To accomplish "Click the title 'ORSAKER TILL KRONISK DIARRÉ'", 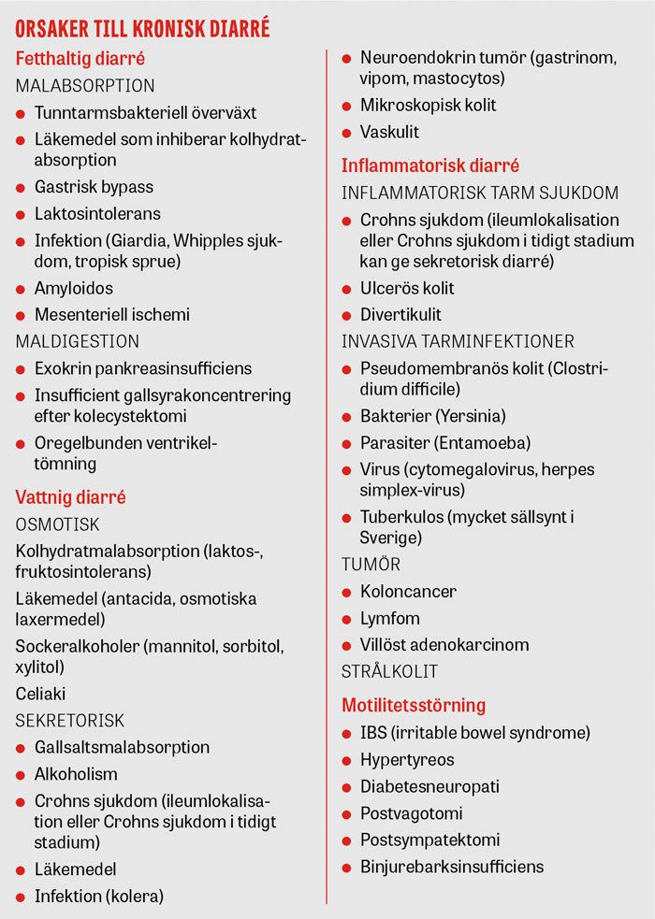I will coord(143,29).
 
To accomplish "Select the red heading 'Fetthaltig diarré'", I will coord(80,59).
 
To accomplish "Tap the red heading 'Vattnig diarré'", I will coord(71,497).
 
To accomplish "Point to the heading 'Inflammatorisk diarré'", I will coord(430,166).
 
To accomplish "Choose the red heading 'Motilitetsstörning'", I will coord(414,705).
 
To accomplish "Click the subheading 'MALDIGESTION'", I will coord(77,341).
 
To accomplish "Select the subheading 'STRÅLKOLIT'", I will coord(389,671).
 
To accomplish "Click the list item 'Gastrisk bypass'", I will coord(94,187).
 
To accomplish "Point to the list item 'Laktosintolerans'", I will coord(97,214).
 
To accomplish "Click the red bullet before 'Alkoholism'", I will coord(21,775).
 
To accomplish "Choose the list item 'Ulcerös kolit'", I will coord(407,288).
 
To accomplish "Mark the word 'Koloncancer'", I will coord(408,592).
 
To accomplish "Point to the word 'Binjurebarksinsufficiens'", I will coord(452,867).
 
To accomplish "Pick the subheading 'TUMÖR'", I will coord(371,564).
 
